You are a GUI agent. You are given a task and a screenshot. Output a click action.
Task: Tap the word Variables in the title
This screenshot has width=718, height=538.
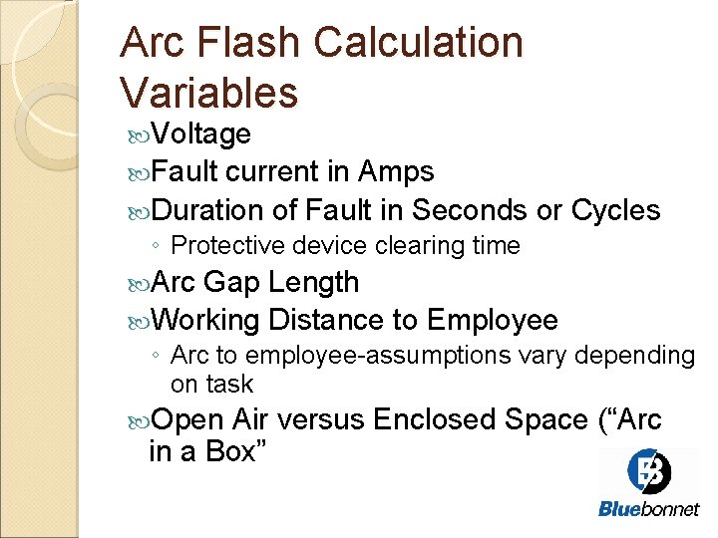(208, 93)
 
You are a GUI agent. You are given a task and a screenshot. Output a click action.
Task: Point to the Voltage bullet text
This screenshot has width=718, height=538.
(204, 134)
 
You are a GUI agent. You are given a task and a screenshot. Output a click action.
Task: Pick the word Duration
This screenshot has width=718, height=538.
(208, 210)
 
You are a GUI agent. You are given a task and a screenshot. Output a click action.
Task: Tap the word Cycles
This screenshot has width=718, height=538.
(615, 210)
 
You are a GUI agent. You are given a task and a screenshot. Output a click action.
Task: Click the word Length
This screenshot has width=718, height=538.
(314, 283)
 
